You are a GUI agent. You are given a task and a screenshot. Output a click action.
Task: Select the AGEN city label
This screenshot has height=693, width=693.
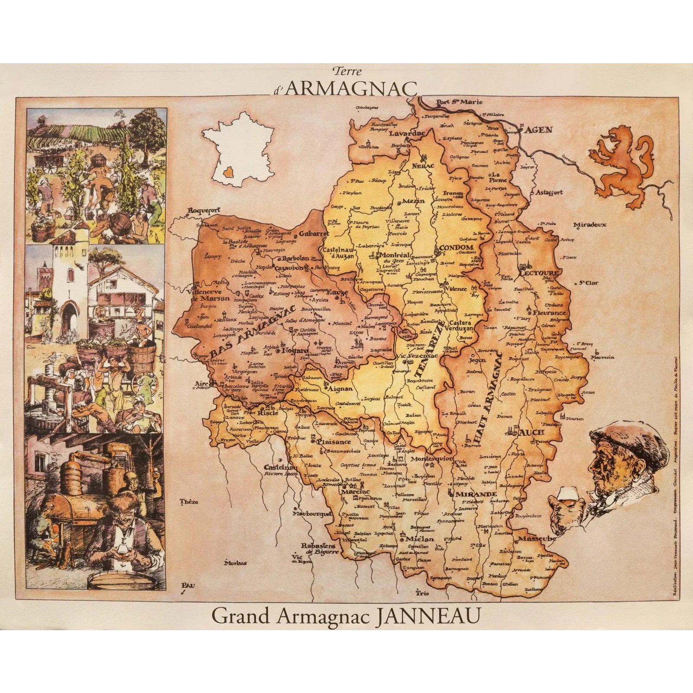pyautogui.click(x=539, y=130)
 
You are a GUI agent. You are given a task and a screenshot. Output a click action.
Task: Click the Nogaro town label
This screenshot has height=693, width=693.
pyautogui.click(x=295, y=350)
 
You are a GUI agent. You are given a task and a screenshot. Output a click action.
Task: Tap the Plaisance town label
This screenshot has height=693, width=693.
pyautogui.click(x=334, y=442)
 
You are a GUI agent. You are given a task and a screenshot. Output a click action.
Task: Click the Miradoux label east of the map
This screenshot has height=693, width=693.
pyautogui.click(x=589, y=225)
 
